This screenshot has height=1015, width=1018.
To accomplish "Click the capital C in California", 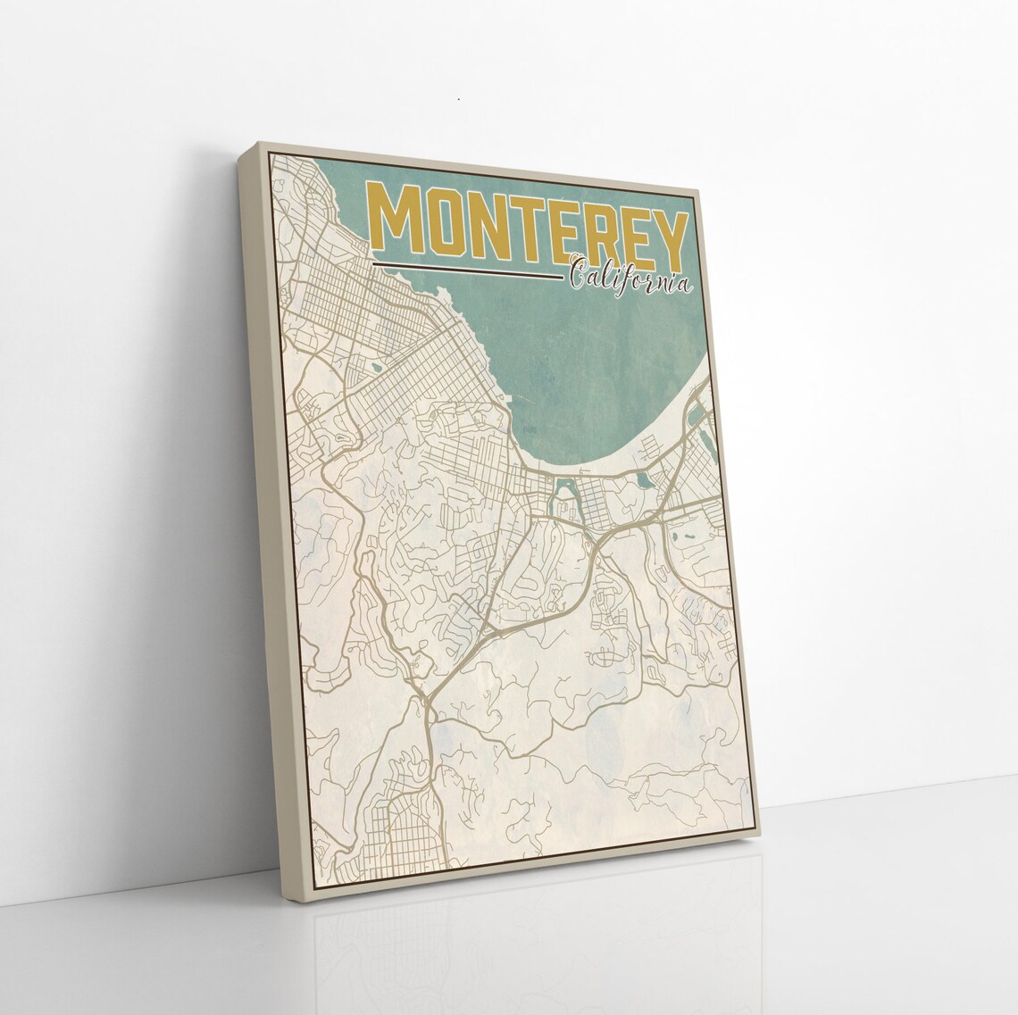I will click(x=579, y=273).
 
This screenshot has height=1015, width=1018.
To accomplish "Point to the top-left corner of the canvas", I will click(x=258, y=143).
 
